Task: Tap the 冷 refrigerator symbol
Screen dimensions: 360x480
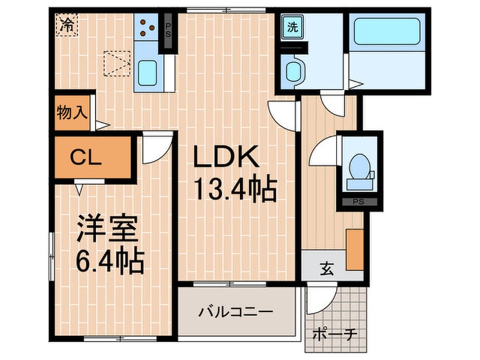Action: (67, 25)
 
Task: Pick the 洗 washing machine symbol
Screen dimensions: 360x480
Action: (292, 26)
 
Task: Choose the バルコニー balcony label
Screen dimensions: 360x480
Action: (235, 312)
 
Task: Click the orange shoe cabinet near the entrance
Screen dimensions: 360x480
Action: (354, 249)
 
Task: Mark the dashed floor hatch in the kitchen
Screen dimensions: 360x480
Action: (117, 63)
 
